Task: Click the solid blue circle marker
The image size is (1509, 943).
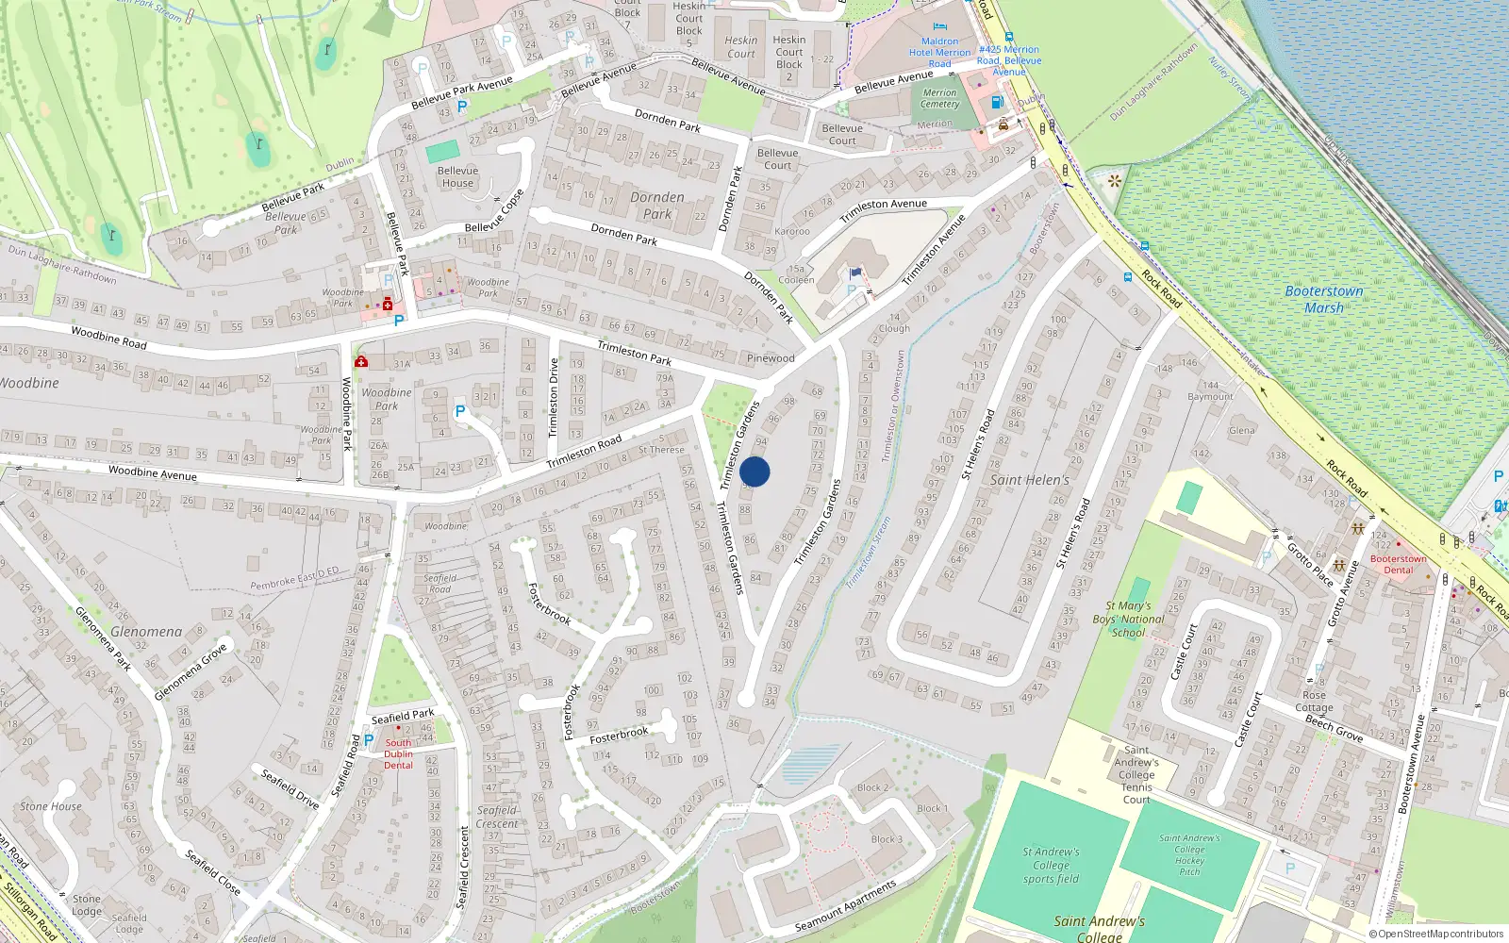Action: tap(754, 471)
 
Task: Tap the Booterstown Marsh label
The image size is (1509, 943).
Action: tap(1324, 300)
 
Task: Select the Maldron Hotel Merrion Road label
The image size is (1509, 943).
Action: tap(939, 53)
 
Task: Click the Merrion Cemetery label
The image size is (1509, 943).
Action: tap(939, 98)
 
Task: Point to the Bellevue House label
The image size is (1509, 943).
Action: tap(457, 177)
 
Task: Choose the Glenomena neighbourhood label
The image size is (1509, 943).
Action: tap(146, 632)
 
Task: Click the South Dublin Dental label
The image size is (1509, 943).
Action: tap(398, 753)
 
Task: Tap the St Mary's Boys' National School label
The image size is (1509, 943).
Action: tap(1128, 620)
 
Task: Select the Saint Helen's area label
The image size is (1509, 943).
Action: tap(1030, 480)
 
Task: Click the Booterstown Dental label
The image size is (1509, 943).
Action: tap(1398, 564)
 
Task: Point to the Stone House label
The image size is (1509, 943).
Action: tap(51, 807)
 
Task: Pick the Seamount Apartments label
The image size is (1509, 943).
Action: tap(845, 906)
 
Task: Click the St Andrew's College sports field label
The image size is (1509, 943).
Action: tap(1051, 865)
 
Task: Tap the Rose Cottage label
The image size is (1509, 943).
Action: tap(1314, 702)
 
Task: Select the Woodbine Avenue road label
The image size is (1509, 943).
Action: tap(152, 472)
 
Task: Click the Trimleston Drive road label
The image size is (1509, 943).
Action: tap(554, 397)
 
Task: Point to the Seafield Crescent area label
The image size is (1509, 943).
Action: tap(496, 817)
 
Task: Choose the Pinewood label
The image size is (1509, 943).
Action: tap(771, 358)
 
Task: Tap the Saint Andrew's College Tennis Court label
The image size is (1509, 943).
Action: tap(1136, 775)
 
